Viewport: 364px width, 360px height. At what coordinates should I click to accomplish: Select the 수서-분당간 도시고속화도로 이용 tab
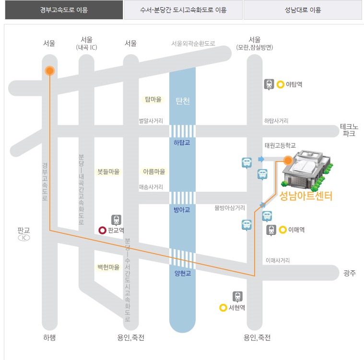(183, 10)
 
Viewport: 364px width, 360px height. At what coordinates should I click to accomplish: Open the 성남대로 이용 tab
(303, 10)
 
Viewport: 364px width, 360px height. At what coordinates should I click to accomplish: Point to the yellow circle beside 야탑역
(280, 84)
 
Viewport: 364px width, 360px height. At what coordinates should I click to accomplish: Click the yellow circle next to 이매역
(283, 230)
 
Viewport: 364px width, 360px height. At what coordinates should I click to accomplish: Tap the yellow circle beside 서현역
(223, 308)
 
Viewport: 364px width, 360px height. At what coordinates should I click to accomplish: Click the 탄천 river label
(183, 101)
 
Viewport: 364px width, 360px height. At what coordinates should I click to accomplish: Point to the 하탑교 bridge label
(182, 142)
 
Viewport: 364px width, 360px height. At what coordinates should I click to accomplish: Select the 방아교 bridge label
(182, 209)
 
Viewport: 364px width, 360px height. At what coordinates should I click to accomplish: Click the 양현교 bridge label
(182, 274)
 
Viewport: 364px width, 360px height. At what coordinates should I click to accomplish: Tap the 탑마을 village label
(153, 100)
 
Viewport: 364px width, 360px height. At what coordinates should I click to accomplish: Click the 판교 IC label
(24, 233)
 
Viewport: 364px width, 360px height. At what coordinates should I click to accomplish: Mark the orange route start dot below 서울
(49, 71)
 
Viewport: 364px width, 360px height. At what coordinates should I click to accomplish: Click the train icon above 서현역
(237, 296)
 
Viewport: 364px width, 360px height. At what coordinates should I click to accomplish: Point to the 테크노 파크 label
(349, 130)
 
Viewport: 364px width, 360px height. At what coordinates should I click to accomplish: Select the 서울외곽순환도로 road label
(193, 43)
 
